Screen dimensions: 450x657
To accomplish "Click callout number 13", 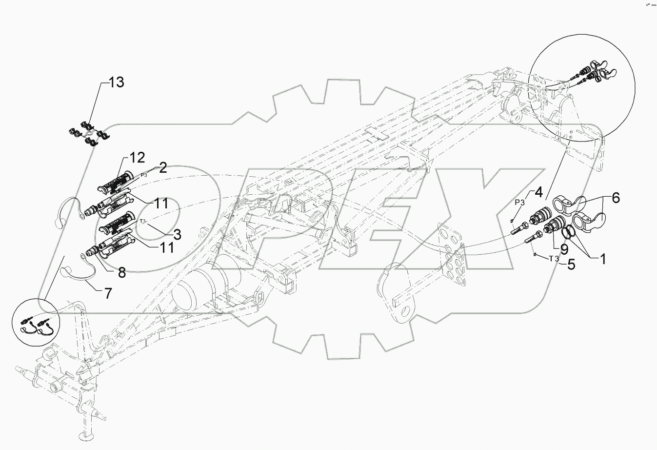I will coord(117,82).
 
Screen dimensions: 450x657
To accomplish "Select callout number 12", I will coord(137,158).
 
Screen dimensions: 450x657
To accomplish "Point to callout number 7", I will coord(106,294).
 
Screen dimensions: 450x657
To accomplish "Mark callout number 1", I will coord(602,259).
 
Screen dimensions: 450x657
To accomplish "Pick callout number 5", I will coord(570,265).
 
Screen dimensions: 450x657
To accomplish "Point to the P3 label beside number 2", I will coord(144,175).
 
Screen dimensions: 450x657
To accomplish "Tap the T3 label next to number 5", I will coord(554,259).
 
